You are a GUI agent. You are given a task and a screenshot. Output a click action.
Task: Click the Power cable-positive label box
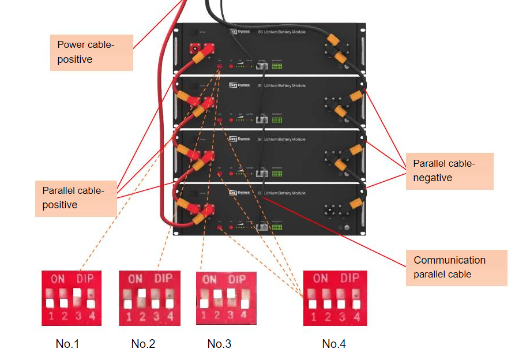click(x=91, y=52)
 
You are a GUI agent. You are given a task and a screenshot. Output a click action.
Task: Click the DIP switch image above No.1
click(x=72, y=298)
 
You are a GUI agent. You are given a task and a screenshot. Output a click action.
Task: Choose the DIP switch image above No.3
click(x=224, y=298)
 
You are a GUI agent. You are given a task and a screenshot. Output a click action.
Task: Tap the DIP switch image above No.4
click(x=334, y=298)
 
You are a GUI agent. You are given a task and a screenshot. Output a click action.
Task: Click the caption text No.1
click(x=67, y=344)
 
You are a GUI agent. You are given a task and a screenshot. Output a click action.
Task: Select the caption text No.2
click(x=143, y=344)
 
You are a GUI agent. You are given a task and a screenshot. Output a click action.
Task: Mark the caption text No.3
click(x=219, y=344)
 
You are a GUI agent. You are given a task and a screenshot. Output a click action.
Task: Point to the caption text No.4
click(x=334, y=344)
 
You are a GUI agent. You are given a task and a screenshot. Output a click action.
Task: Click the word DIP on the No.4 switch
click(x=349, y=277)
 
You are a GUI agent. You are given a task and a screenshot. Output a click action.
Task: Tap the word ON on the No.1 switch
click(x=58, y=279)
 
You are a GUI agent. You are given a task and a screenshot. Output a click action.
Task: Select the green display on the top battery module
click(x=277, y=66)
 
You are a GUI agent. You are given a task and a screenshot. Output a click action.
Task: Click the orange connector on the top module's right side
click(x=334, y=42)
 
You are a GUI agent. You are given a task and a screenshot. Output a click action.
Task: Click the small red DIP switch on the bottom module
click(x=220, y=228)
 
